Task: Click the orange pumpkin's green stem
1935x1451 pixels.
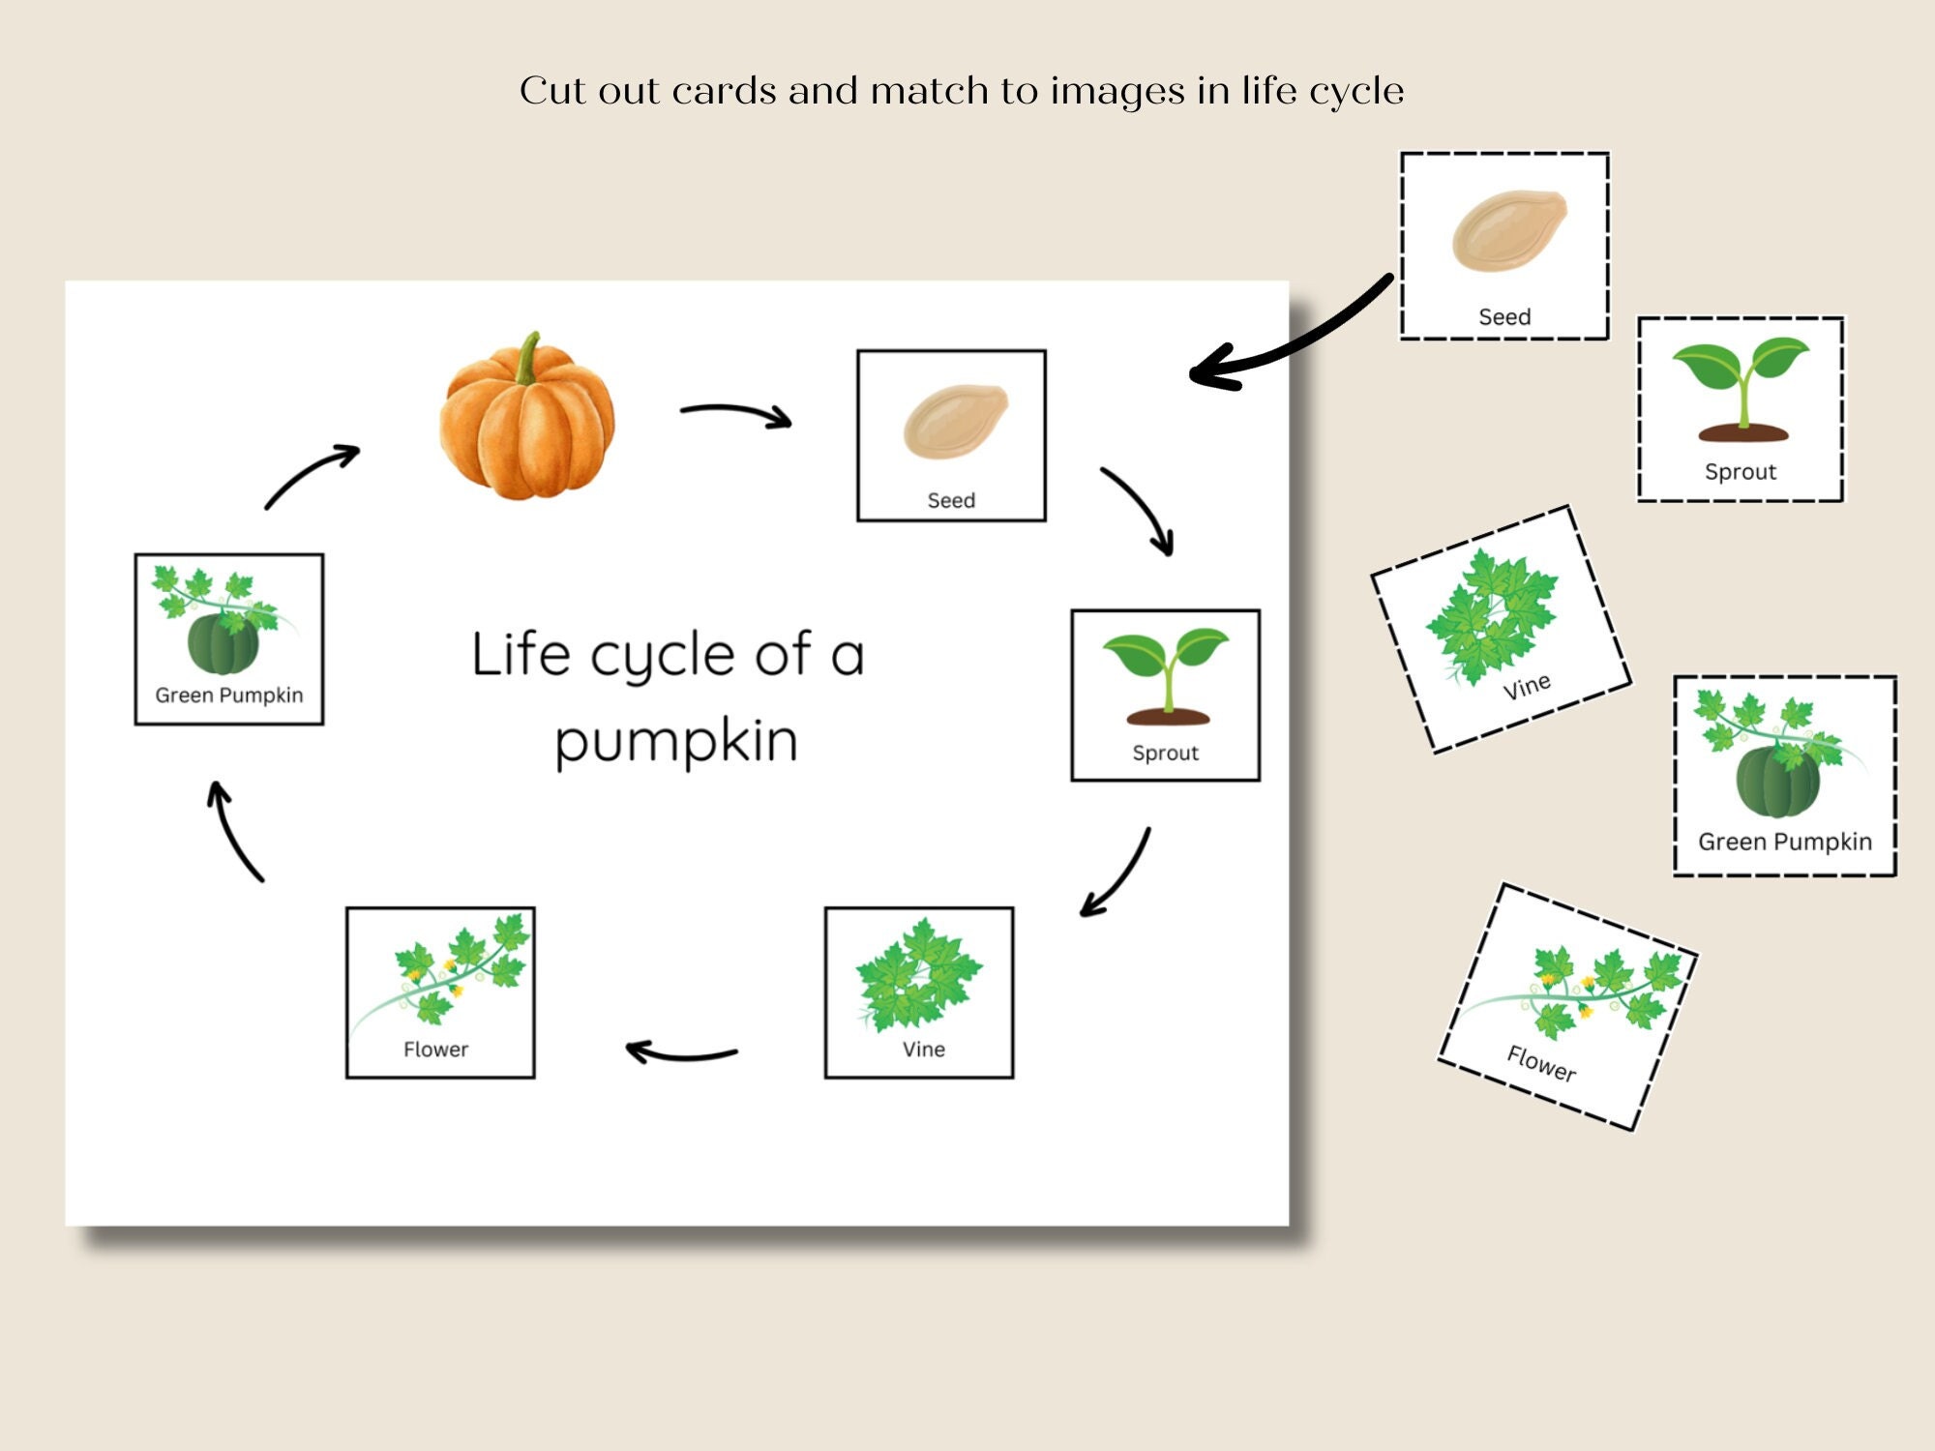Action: click(x=528, y=360)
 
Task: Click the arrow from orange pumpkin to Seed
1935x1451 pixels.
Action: click(x=735, y=414)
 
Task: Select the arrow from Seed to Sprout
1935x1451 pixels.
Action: click(x=1142, y=508)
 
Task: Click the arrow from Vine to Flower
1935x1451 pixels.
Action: click(x=681, y=1053)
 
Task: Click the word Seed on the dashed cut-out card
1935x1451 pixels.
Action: click(x=1504, y=317)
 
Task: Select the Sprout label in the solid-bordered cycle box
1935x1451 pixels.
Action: click(x=1165, y=753)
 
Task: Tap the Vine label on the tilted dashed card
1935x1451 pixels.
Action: click(x=1527, y=687)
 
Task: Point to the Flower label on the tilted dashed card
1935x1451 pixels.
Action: click(x=1541, y=1064)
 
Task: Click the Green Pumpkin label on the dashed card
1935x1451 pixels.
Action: click(x=1785, y=842)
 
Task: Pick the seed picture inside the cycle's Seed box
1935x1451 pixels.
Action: click(x=955, y=422)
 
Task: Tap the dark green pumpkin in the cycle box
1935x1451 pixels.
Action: click(x=223, y=644)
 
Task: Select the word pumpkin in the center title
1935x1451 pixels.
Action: click(x=676, y=743)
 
